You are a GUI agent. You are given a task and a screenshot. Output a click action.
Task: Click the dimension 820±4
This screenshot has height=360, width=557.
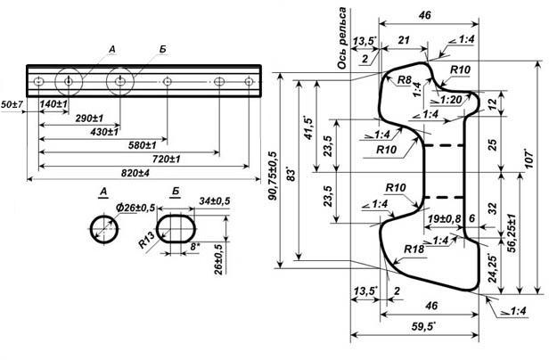coord(135,171)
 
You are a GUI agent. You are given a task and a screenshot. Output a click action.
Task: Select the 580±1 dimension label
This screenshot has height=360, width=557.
coord(141,144)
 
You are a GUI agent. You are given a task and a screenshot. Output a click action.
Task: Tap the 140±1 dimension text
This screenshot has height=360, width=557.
coord(54,105)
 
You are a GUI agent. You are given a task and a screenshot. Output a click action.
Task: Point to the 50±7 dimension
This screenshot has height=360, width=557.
coord(12,105)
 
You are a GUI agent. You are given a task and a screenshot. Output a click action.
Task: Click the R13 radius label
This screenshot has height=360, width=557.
coord(148,241)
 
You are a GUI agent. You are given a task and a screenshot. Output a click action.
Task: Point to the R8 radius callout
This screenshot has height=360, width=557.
coord(405,80)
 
